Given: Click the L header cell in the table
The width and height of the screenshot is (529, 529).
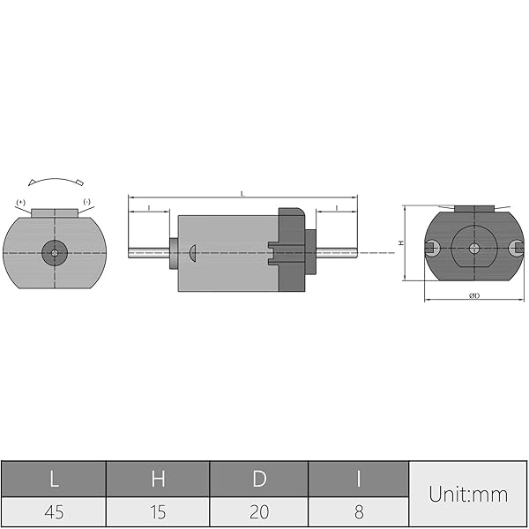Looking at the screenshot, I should [54, 479].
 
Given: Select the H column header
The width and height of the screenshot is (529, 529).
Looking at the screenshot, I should [158, 479].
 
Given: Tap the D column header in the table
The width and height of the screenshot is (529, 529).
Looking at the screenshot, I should [259, 479].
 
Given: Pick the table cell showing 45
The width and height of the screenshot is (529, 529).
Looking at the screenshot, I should [54, 512].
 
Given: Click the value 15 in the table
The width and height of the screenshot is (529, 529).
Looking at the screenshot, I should [158, 512].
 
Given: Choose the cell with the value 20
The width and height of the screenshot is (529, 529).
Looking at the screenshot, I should [259, 512].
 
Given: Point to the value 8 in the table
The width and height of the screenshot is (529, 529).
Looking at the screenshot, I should [358, 512].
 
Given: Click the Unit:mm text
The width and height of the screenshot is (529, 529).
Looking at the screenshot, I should [468, 495].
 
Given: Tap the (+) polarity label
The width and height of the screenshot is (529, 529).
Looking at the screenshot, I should [20, 203].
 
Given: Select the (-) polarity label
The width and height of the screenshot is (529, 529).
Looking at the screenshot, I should [87, 203].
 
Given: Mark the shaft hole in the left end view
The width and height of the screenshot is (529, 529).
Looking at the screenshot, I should [55, 253].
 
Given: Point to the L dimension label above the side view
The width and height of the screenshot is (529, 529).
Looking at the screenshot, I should [242, 191].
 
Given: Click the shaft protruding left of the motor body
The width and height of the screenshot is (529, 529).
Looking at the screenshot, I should [149, 253].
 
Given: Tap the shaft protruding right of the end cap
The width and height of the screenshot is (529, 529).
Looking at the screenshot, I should [336, 253].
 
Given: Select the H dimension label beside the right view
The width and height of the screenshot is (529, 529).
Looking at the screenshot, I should [399, 242].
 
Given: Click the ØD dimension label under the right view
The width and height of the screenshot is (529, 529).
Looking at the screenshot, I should [473, 294].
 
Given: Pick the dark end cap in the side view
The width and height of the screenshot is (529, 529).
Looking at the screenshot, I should [291, 250].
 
